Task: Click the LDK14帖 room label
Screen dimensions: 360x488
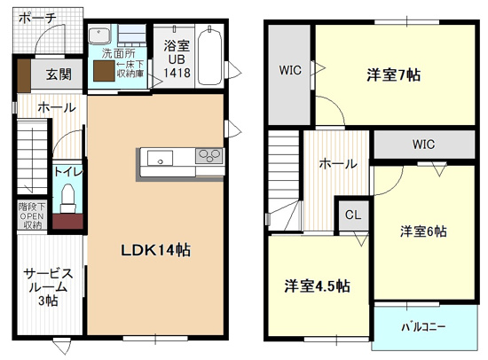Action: tap(155, 250)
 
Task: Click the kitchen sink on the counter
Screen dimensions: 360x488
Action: tap(161, 159)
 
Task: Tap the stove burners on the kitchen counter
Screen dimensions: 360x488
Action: tap(209, 157)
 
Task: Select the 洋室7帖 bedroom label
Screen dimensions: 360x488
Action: tap(392, 75)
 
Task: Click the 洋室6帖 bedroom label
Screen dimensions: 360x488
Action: tap(422, 231)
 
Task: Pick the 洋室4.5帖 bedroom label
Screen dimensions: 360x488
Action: tap(317, 286)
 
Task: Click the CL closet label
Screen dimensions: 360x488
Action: tap(352, 215)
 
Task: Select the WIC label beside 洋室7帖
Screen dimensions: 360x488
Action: tap(290, 70)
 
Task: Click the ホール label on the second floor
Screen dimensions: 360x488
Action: tap(337, 164)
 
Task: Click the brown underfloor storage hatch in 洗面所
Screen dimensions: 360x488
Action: tap(103, 71)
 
